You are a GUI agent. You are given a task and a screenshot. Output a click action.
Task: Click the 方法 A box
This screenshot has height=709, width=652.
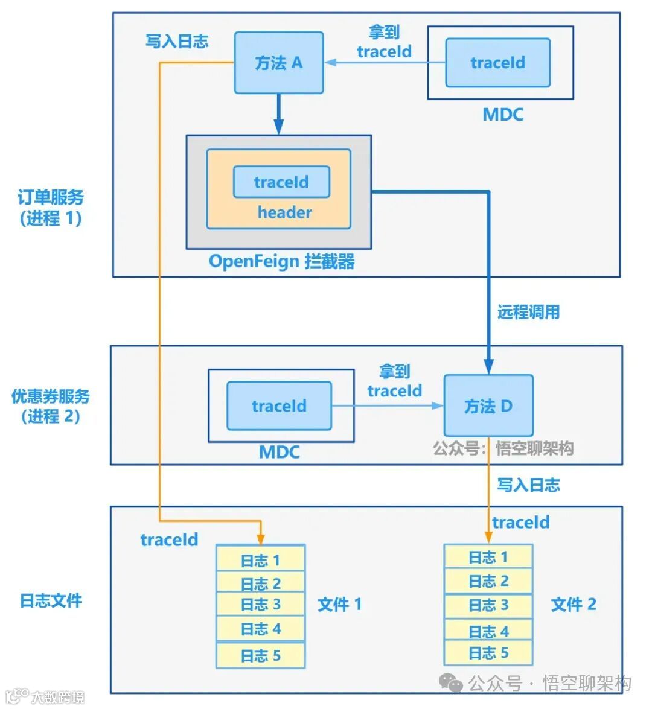point(279,62)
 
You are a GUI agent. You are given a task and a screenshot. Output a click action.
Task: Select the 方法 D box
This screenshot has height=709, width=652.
point(488,405)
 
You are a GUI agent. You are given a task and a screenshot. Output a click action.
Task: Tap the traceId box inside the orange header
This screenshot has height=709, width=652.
point(281,182)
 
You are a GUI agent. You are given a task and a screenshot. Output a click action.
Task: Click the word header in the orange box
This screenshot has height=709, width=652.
point(285,212)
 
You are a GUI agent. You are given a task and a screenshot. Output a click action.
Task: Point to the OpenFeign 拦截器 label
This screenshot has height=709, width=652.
point(281,261)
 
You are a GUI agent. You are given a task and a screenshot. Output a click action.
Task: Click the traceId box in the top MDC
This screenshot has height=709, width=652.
point(497,62)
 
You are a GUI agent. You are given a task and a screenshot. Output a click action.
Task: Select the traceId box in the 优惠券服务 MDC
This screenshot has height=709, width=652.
point(279,405)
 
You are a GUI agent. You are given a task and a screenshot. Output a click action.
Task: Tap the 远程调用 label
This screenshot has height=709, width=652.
point(528,312)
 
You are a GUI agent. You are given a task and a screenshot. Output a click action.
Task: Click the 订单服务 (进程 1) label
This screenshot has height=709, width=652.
point(51,208)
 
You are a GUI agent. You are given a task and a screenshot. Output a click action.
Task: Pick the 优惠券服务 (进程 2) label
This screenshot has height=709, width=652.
point(51,406)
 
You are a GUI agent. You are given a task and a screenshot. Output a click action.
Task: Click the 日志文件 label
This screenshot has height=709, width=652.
point(51,600)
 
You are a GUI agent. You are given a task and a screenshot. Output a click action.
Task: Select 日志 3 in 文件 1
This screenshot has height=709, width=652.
point(261,604)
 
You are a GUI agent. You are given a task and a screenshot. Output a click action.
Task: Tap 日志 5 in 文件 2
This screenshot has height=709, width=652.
point(488,653)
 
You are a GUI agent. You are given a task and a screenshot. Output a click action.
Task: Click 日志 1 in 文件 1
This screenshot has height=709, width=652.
point(261,559)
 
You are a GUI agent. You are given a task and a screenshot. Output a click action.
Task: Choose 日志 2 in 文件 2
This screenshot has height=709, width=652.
point(488,581)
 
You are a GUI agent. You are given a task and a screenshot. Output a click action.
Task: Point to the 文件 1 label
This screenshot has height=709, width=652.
point(340,604)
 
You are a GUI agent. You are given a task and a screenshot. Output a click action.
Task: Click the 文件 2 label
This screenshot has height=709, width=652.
point(574,604)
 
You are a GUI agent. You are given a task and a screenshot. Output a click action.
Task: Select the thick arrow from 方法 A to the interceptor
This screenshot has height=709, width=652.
point(279,114)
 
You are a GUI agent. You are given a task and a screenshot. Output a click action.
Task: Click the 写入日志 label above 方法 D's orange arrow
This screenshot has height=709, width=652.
point(528,485)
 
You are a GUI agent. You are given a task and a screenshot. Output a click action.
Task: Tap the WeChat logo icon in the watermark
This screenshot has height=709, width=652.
point(452,682)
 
